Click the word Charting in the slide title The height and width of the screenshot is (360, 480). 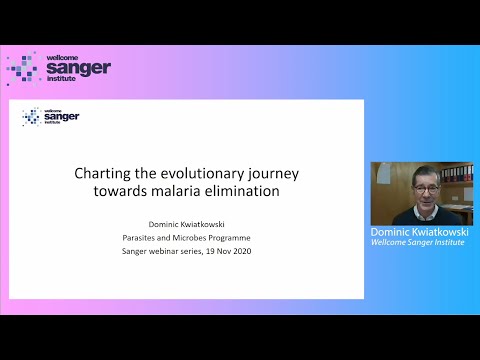coord(100,173)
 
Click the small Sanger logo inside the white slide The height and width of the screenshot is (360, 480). coord(51,117)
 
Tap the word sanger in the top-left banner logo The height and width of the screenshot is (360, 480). coord(78,68)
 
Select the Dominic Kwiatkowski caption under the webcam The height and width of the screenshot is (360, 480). coord(419,231)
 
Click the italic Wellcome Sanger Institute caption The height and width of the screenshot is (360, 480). coord(419,242)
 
